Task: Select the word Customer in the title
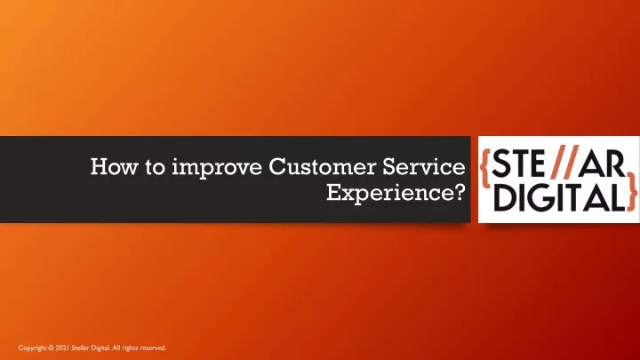322,166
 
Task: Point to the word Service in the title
424,166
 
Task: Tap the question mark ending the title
460,192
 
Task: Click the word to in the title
155,167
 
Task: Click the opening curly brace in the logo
485,167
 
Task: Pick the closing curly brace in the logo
632,191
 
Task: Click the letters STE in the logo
518,164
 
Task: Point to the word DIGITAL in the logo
559,197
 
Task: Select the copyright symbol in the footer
51,348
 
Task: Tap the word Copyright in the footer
33,348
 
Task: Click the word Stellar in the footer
79,348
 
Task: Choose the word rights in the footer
130,348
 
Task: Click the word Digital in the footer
100,348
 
